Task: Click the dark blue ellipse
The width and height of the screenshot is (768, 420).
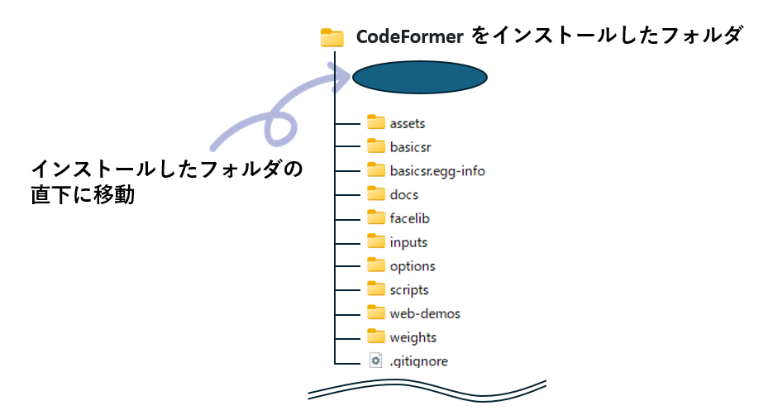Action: click(x=420, y=77)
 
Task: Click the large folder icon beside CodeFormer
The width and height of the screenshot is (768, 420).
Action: click(x=332, y=38)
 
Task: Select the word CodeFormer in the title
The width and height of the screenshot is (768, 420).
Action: click(x=409, y=36)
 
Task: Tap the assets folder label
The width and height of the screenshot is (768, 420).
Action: click(x=408, y=123)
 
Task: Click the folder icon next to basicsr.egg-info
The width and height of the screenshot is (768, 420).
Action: click(x=376, y=169)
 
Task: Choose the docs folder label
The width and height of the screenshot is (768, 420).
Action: click(x=404, y=194)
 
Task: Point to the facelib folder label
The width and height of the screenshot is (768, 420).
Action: click(x=409, y=218)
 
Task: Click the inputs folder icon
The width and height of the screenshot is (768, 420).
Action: click(x=376, y=241)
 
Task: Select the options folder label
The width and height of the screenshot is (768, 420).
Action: click(x=413, y=266)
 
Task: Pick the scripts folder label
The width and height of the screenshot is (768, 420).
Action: click(x=409, y=290)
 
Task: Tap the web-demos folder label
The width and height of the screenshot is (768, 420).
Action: click(x=425, y=313)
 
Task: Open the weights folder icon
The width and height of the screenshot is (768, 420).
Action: click(x=376, y=336)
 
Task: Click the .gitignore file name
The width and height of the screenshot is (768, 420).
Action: click(x=419, y=361)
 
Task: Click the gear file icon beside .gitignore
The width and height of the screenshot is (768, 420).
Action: click(x=375, y=360)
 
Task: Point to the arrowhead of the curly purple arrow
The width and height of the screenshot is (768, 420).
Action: click(x=342, y=76)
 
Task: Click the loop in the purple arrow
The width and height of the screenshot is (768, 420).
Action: click(x=281, y=128)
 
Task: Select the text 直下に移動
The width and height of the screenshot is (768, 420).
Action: click(x=83, y=195)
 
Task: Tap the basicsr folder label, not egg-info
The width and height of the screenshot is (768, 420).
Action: click(x=410, y=147)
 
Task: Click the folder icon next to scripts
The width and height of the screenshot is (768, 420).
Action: click(x=376, y=289)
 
